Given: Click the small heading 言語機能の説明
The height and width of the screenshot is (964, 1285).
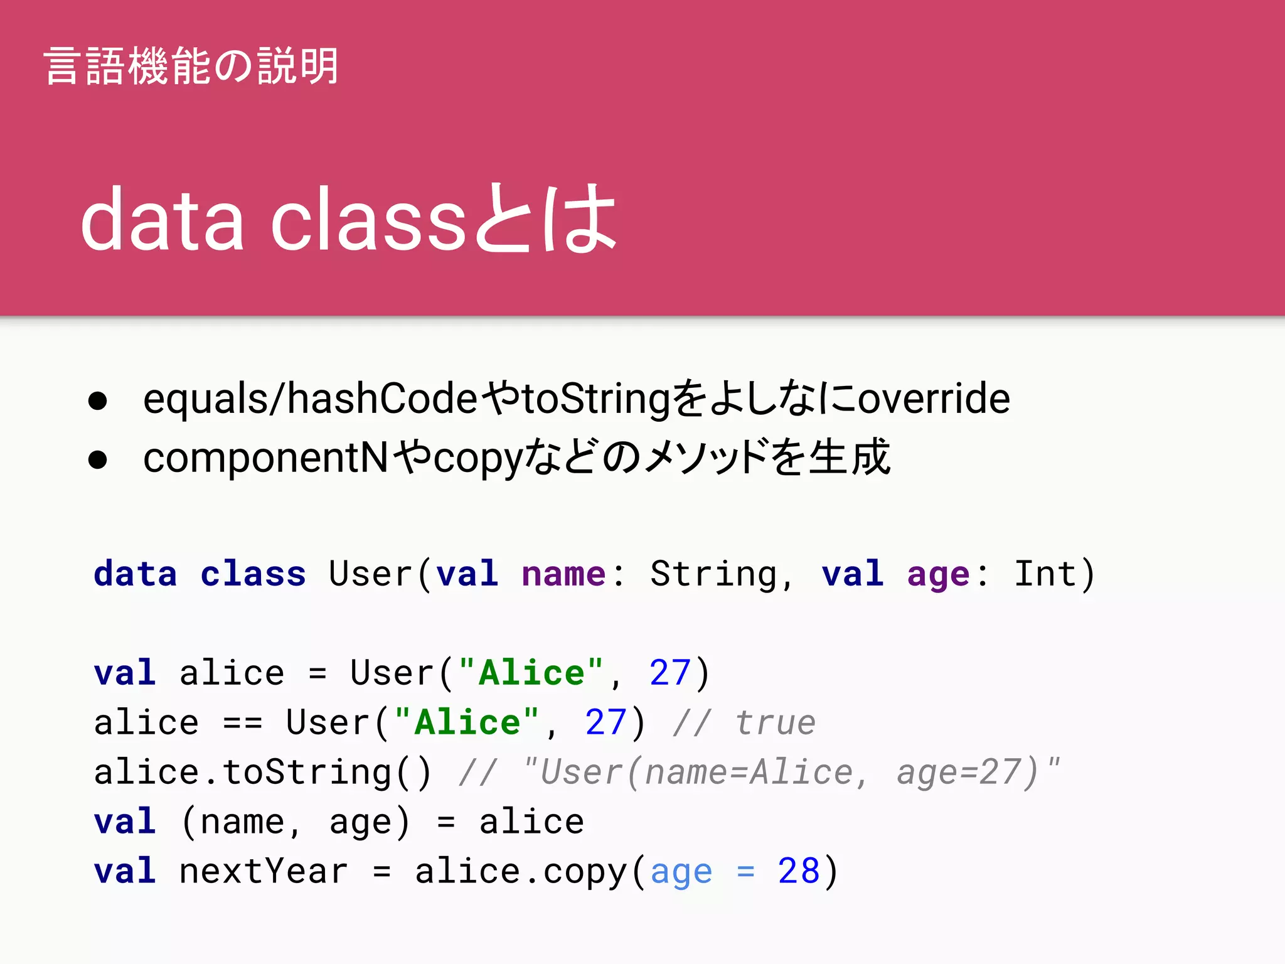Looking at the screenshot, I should pos(191,66).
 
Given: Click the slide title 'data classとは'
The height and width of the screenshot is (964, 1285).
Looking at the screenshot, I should pos(349,219).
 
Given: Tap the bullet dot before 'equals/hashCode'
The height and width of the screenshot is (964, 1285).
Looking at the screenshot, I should pos(98,400).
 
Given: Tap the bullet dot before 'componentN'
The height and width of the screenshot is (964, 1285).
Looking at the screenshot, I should pos(98,459).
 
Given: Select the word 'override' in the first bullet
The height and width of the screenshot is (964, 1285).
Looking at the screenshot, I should pos(934,399).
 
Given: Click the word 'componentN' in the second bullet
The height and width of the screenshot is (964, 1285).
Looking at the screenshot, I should pos(266,458).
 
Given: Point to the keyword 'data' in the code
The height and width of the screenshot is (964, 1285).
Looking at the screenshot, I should pos(136,574).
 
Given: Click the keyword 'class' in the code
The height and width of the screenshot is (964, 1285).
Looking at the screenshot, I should pos(253,574).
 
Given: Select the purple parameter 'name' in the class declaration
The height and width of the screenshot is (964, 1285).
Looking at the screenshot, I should pos(563,574).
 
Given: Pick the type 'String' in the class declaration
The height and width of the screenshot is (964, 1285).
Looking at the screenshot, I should pos(713,574).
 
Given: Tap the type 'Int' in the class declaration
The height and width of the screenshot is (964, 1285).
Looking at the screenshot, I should pos(1045,574).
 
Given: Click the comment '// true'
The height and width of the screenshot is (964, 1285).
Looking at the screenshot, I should pos(744,722).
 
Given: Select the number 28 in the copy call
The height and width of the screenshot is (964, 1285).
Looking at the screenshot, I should pos(798,871).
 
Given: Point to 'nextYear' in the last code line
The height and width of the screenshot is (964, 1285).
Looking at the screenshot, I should pos(263,871).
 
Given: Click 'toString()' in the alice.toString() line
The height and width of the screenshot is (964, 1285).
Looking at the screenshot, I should pos(327,772).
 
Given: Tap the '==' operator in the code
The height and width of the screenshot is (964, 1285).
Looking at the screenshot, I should pos(242,723).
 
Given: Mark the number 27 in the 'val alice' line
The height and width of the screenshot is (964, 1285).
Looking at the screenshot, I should pos(670,673).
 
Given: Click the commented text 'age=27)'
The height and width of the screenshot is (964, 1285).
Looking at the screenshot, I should pos(967,772).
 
